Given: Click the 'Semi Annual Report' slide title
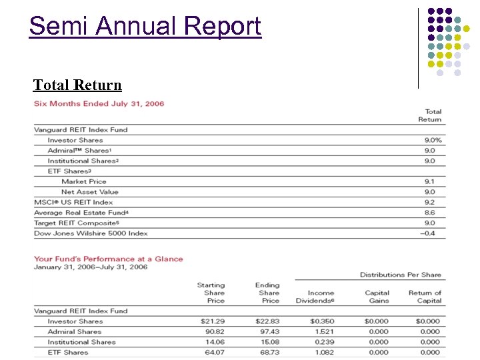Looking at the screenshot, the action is [x=145, y=27].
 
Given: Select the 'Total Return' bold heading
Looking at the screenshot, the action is [x=77, y=85].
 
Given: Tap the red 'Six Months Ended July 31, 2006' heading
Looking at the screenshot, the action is [x=99, y=103].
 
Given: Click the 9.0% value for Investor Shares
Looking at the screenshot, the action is [x=433, y=140].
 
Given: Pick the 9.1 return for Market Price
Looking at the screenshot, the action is [x=429, y=181].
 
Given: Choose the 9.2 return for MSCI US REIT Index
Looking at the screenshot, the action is [x=429, y=202].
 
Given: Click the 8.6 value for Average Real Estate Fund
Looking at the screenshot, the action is [x=429, y=213].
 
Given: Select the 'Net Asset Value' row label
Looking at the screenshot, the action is [x=89, y=192].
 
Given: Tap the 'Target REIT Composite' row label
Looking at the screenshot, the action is [x=76, y=223].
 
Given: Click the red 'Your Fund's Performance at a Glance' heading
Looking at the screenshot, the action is [x=108, y=259].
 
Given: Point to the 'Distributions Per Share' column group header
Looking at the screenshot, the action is [x=400, y=275].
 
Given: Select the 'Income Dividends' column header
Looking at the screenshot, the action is [x=321, y=297].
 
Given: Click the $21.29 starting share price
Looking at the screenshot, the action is [x=213, y=321].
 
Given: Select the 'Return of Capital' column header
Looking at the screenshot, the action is [x=425, y=297].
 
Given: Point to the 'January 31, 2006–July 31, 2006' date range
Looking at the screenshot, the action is [x=91, y=267].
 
